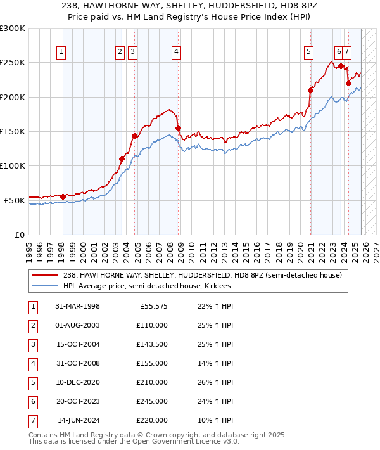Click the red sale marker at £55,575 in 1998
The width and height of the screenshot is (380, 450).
point(63,196)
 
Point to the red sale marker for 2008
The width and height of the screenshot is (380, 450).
point(178,128)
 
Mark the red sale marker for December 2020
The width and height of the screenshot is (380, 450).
point(311,90)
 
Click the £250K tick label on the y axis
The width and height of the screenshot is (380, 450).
point(13,63)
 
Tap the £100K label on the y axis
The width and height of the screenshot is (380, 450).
point(13,166)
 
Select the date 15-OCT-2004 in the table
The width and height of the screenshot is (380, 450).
point(78,344)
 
